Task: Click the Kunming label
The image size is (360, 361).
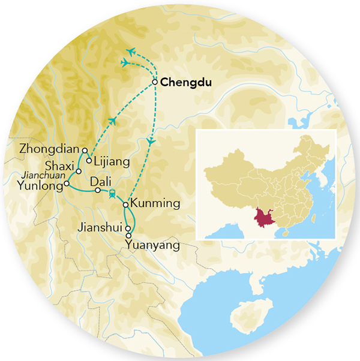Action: [155, 204]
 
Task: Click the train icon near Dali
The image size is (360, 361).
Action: [112, 192]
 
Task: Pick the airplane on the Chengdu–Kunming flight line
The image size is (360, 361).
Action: [151, 141]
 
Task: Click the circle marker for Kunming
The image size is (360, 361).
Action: [125, 205]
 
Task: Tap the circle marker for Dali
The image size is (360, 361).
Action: [97, 191]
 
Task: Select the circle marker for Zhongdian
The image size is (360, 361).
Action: [85, 151]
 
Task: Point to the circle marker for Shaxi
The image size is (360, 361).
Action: [79, 171]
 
